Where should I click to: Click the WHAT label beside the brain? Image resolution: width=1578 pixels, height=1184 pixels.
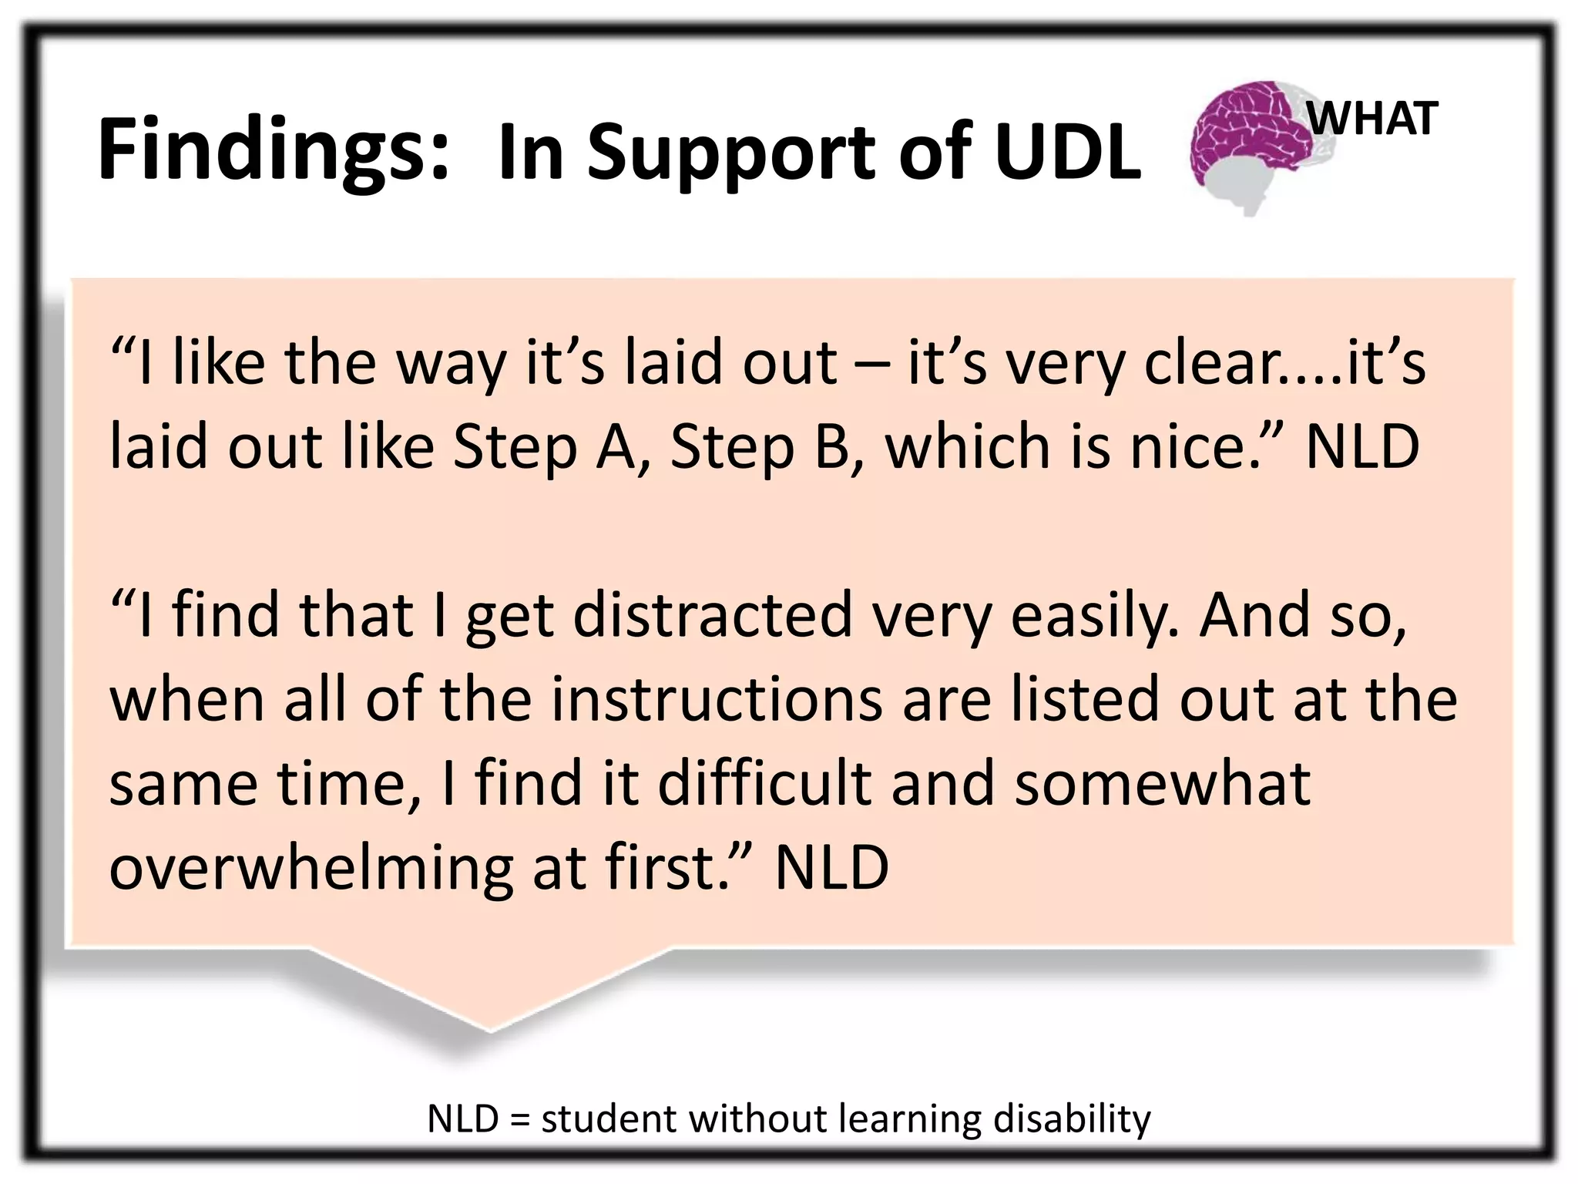tap(1373, 119)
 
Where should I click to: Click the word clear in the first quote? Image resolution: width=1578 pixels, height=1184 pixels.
tap(1209, 362)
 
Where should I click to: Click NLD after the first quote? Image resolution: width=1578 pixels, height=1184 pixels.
tap(1362, 447)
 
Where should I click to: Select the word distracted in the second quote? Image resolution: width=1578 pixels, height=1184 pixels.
tap(713, 615)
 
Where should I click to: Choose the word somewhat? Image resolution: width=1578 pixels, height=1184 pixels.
tap(1162, 783)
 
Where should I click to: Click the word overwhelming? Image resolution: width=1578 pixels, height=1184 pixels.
tap(311, 868)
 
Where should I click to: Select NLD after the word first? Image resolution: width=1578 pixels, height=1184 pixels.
tap(831, 868)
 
